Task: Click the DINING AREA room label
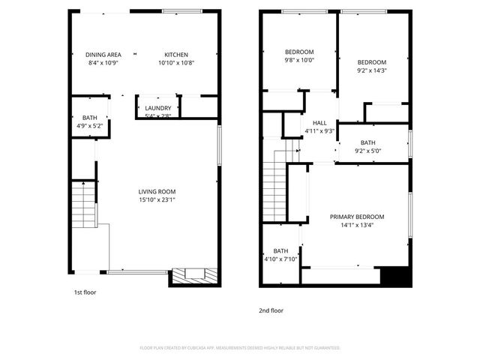pos(103,55)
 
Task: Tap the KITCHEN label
pos(176,55)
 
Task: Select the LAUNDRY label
pos(158,107)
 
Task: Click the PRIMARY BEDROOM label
pos(357,217)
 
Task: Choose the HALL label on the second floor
pos(319,123)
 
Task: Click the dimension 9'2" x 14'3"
pos(371,70)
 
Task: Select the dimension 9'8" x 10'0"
pos(298,60)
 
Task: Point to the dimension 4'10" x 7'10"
pos(280,259)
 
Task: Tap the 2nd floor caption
pos(271,310)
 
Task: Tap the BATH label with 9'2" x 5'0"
pos(367,142)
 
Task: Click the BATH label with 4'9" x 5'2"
pos(90,118)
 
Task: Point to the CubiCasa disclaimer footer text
pos(240,348)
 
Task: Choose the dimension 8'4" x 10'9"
pos(103,63)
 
